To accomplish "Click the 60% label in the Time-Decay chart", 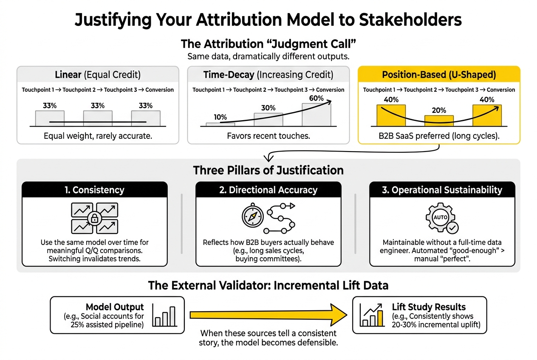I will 316,98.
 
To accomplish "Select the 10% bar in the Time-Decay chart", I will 220,124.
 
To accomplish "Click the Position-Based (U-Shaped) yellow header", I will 439,75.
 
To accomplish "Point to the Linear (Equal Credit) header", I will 98,75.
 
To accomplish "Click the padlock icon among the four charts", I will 94,219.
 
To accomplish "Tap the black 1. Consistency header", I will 95,190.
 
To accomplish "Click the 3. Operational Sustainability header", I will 442,190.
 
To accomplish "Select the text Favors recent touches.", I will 268,136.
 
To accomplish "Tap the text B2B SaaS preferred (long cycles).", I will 439,136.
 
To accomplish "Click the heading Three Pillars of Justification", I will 268,170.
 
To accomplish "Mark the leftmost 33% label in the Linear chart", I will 50,106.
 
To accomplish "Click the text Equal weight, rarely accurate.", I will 98,136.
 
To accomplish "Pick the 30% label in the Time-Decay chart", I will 268,108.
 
